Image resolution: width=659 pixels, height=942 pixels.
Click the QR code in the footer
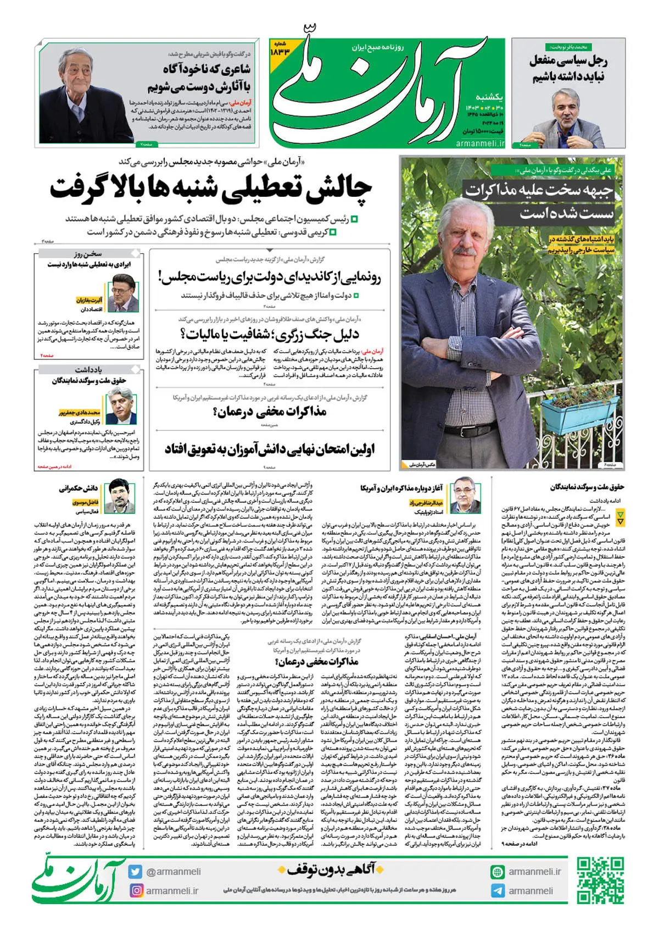[x=600, y=880]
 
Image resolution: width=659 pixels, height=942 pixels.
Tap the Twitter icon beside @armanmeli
[x=136, y=872]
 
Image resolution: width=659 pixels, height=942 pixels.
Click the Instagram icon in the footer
[x=136, y=890]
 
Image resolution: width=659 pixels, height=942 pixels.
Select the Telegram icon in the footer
[x=498, y=891]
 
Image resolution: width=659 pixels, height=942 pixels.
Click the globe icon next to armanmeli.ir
[x=498, y=872]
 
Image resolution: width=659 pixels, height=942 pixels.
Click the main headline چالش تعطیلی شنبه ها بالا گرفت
[x=211, y=189]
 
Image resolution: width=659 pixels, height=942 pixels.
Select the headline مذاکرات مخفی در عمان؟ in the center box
[x=270, y=412]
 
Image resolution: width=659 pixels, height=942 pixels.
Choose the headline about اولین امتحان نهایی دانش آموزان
[x=270, y=450]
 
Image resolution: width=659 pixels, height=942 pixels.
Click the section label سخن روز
[x=88, y=254]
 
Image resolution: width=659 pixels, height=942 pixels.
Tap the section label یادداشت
[x=88, y=369]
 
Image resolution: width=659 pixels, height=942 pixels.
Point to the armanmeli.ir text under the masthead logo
[x=479, y=143]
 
